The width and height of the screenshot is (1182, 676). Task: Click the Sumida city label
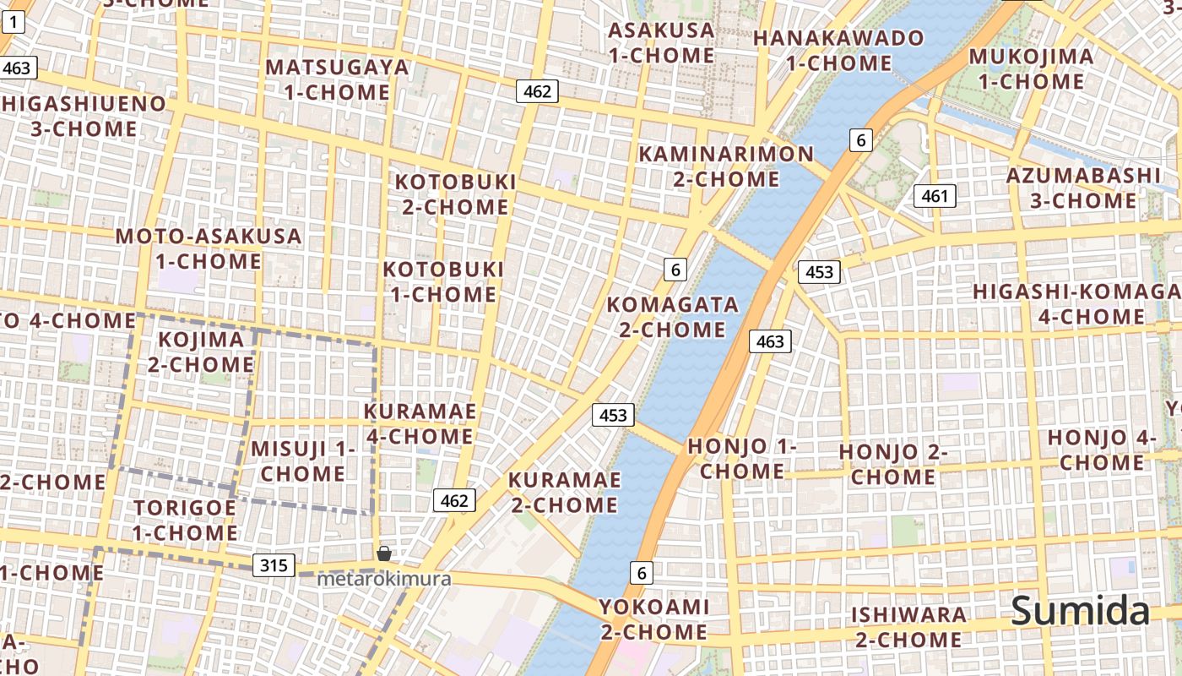point(1080,610)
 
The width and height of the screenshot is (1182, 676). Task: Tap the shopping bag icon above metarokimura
point(384,553)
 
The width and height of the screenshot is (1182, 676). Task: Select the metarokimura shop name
point(384,580)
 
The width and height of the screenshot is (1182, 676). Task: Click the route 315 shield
point(274,565)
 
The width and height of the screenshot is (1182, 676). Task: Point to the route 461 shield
point(935,197)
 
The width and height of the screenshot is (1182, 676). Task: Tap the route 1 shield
point(14,23)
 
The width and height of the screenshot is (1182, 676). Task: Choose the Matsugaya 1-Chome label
point(337,79)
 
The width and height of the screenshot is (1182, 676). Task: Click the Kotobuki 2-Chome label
point(455,194)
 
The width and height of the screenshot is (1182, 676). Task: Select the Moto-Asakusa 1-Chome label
point(209,248)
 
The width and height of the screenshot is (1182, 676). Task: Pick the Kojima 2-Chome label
point(201,352)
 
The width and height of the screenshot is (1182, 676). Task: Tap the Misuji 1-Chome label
point(302,461)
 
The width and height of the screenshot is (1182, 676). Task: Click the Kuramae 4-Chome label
point(420,424)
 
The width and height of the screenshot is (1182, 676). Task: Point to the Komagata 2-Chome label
point(672,317)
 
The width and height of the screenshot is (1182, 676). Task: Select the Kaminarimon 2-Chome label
point(726,166)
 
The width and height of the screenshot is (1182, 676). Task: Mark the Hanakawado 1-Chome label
point(838,51)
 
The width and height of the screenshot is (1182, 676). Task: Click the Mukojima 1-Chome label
point(1031,69)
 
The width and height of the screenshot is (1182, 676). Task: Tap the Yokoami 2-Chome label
point(653,619)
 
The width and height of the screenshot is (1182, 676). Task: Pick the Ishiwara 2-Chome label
point(908,627)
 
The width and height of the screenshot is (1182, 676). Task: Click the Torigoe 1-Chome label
point(185,521)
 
